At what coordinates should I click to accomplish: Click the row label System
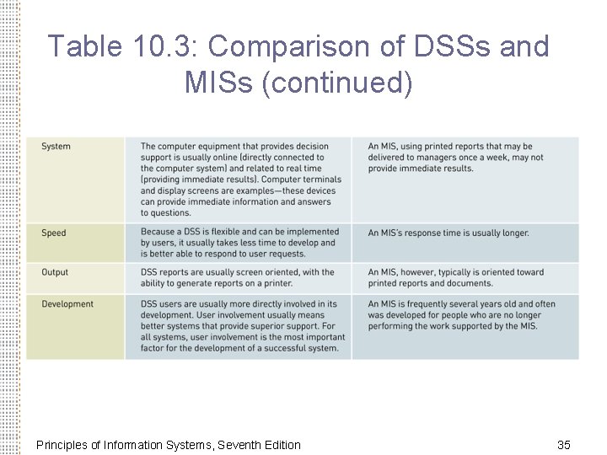pyautogui.click(x=56, y=147)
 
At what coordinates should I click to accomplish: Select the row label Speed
pyautogui.click(x=53, y=233)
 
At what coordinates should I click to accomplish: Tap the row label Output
pyautogui.click(x=55, y=272)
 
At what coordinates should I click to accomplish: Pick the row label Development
pyautogui.click(x=67, y=304)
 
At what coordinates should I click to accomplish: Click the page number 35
pyautogui.click(x=564, y=444)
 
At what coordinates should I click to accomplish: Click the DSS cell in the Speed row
pyautogui.click(x=239, y=243)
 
